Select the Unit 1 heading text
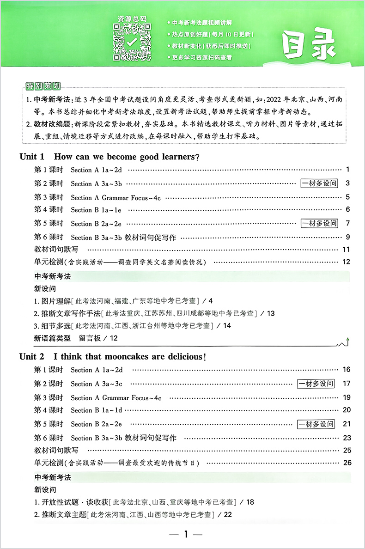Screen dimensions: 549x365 tap(109, 156)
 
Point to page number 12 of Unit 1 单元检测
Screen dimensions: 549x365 tap(346, 262)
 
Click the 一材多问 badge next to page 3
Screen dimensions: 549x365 tap(319, 183)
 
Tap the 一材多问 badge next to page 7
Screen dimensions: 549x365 tap(319, 224)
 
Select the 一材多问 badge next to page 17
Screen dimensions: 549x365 tap(316, 384)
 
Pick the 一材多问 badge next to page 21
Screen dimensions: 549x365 tap(316, 424)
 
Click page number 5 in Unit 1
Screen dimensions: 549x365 tap(347, 197)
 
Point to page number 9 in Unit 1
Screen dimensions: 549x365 tap(347, 238)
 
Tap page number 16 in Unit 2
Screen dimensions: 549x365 tap(347, 370)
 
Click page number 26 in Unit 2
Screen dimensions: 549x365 tap(347, 463)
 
